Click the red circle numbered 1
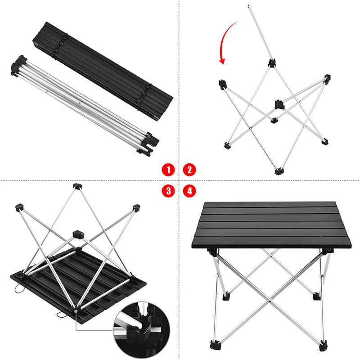(168, 170)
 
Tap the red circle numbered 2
(189, 170)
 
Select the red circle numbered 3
(168, 190)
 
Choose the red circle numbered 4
(189, 190)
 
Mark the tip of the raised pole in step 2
(249, 6)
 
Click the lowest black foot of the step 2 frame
(279, 171)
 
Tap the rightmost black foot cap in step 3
(136, 208)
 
